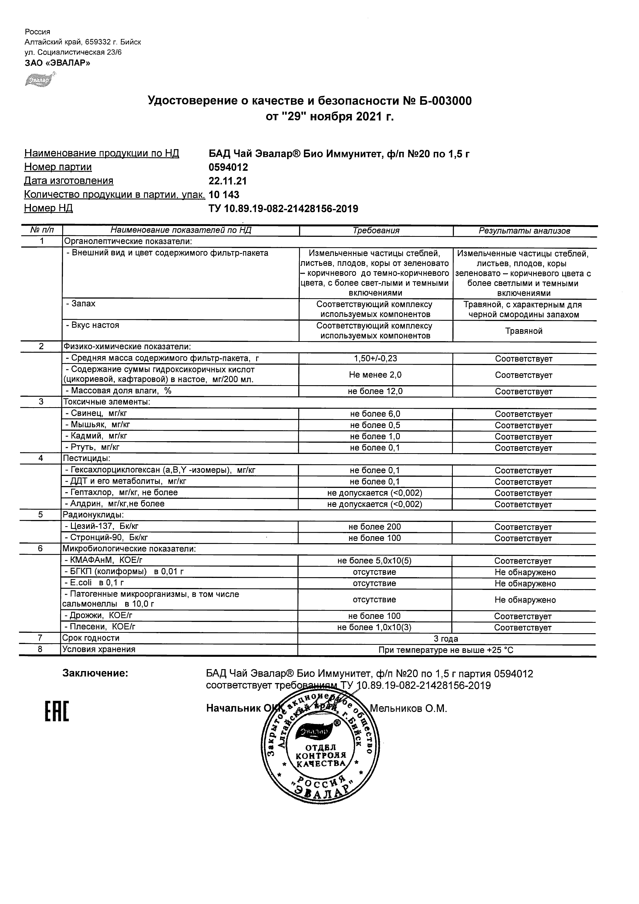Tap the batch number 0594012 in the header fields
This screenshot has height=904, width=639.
coord(228,167)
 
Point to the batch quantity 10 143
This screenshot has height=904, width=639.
coord(224,195)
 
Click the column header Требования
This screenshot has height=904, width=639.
coord(376,231)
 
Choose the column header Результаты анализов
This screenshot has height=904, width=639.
coord(524,231)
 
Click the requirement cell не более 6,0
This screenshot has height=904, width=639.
coord(375,414)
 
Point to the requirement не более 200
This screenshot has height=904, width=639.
coord(375,527)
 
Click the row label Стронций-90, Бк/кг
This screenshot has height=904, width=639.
coord(106,537)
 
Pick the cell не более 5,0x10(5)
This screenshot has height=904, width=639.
coord(374,561)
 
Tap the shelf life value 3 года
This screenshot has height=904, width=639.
coord(446,639)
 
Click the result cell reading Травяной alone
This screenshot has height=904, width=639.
coord(524,331)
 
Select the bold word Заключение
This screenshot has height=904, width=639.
coord(95,674)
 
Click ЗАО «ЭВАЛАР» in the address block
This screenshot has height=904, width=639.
coord(58,63)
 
